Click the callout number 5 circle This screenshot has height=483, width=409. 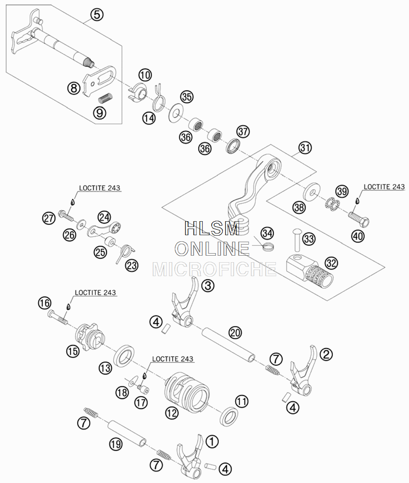pos(97,14)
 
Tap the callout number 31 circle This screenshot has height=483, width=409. pos(305,148)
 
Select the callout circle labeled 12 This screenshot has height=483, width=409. pos(172,413)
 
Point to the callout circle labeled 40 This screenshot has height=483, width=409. pos(357,236)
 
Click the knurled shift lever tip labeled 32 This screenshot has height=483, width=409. pos(310,270)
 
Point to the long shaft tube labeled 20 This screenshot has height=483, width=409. pos(229,345)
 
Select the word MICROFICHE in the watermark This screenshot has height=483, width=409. pos(214,269)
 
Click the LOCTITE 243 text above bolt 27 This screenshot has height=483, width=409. pos(100,188)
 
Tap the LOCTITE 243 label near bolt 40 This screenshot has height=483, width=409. pos(384,187)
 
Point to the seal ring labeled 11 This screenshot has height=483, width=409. pos(229,416)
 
